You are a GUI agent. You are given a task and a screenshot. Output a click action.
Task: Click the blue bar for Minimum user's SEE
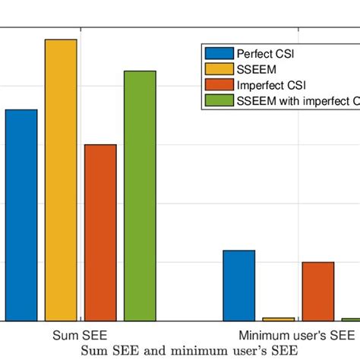coord(238,286)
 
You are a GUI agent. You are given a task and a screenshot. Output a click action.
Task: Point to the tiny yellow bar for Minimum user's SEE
coord(278,319)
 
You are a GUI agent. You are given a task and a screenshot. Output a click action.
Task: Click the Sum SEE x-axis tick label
coord(80,335)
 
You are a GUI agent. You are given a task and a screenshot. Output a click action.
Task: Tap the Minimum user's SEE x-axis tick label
coord(296,335)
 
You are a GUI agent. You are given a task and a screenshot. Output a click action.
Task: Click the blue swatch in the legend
coord(218,53)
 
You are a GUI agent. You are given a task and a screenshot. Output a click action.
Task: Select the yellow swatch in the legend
coord(218,69)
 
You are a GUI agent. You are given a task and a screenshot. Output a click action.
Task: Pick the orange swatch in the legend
coord(218,85)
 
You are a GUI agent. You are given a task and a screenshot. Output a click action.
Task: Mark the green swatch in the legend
coord(218,100)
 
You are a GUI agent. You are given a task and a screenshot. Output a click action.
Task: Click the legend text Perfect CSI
coord(265,53)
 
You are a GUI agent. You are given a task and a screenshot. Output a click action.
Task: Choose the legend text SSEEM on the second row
coord(256,69)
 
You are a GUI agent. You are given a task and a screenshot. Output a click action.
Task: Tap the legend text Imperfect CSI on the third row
coord(270,85)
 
